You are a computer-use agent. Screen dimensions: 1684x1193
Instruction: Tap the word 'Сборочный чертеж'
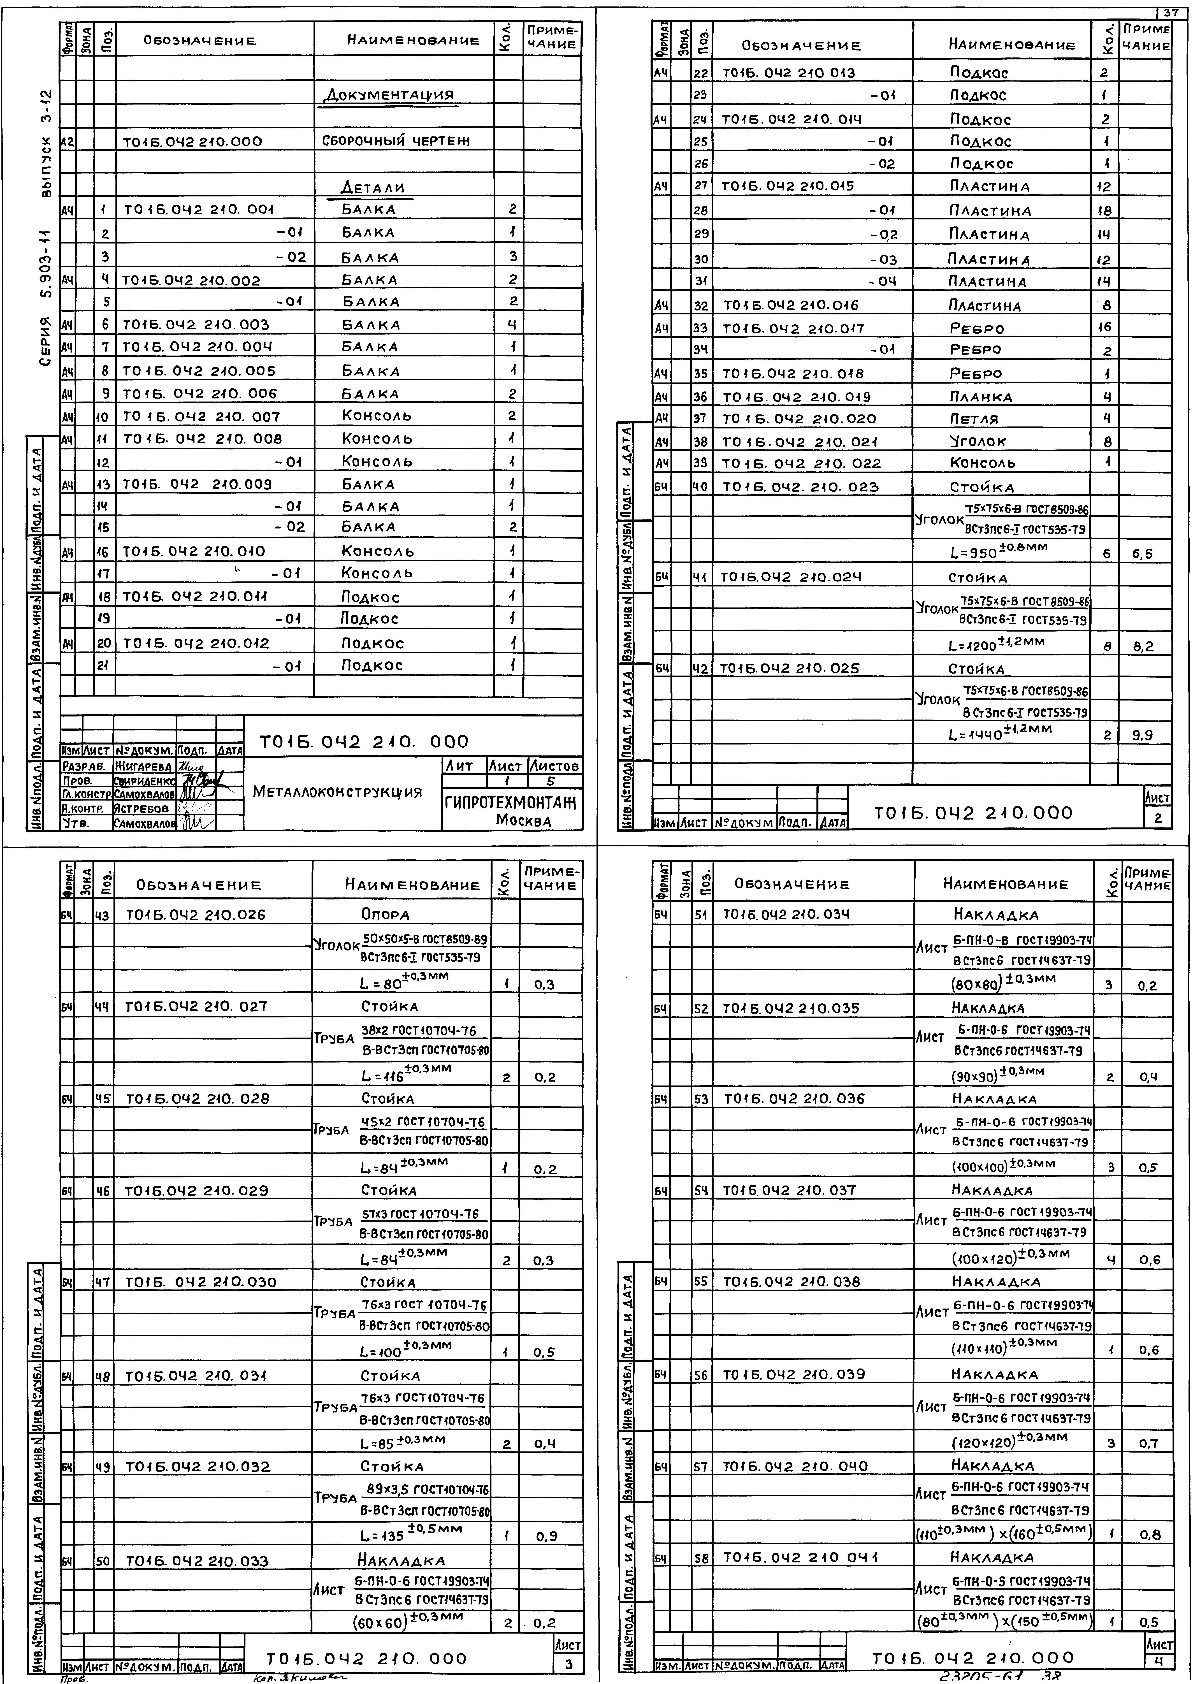pyautogui.click(x=395, y=140)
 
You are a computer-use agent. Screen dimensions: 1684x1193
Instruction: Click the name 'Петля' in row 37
pyautogui.click(x=974, y=419)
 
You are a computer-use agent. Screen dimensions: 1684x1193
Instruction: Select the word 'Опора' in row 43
pyautogui.click(x=385, y=915)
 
